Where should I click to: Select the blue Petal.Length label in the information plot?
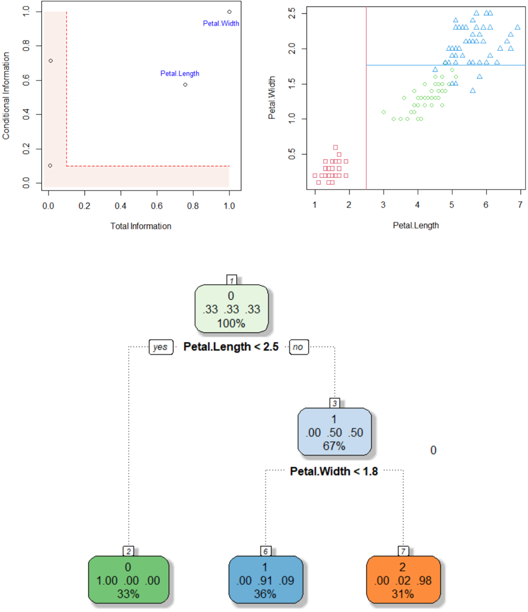click(x=180, y=73)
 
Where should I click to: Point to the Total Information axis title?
click(x=141, y=226)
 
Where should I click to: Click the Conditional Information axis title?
click(x=6, y=96)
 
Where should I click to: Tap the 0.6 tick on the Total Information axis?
click(x=157, y=204)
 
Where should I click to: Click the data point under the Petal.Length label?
click(x=185, y=85)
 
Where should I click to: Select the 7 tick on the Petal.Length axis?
click(x=520, y=205)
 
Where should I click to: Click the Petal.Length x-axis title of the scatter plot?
click(x=416, y=225)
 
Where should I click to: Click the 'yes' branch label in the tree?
click(x=161, y=347)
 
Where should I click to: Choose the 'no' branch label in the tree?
click(x=299, y=347)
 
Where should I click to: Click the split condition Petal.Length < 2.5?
click(x=231, y=347)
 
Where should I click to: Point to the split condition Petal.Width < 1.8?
click(x=334, y=471)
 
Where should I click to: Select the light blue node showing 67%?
click(x=334, y=432)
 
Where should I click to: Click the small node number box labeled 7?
click(x=403, y=551)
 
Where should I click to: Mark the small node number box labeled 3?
click(x=335, y=403)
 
